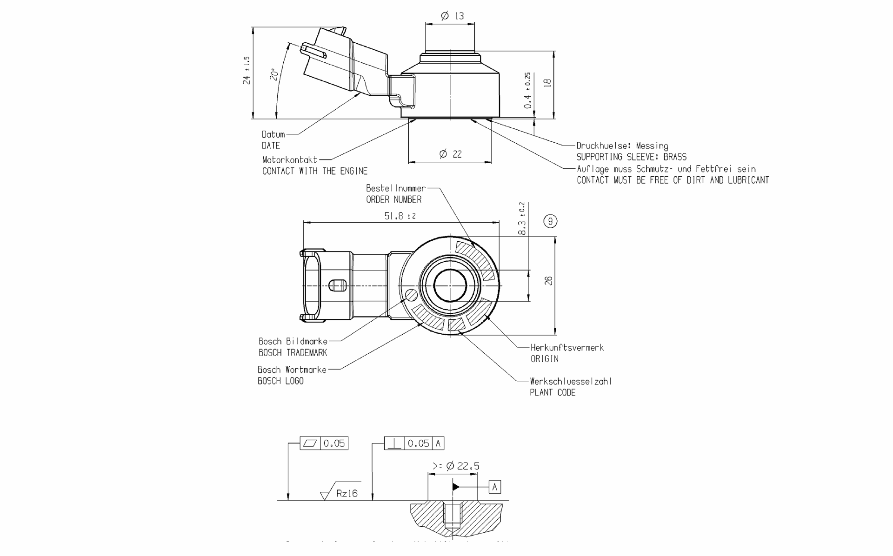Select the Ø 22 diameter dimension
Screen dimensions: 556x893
point(450,154)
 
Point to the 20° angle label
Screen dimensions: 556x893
point(274,74)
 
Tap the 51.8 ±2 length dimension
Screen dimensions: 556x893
point(400,216)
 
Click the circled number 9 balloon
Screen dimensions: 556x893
point(550,221)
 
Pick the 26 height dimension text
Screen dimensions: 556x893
point(549,281)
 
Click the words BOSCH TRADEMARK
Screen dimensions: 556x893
point(293,353)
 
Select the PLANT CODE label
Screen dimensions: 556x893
point(553,393)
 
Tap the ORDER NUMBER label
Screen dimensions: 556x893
point(393,199)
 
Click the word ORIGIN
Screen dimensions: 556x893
point(544,359)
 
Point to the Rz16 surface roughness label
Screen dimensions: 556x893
point(347,494)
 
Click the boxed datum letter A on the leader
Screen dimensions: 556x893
point(494,487)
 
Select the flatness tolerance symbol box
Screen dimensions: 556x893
point(310,443)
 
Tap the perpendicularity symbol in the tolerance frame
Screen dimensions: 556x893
point(394,443)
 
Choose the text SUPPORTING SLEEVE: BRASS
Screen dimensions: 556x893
point(631,157)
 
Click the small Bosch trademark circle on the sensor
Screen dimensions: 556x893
point(412,295)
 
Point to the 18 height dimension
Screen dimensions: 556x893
point(547,83)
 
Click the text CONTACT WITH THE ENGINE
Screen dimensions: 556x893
point(314,171)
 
